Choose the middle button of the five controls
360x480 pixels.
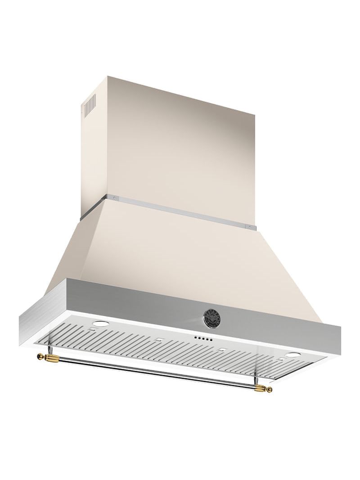click(201, 339)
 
